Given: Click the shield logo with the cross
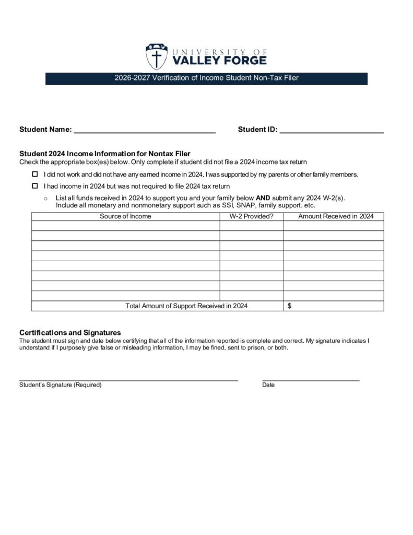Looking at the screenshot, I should coord(156,56).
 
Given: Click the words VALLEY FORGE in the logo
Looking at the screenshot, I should coord(219,61).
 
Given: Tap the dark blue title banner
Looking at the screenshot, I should coord(206,78).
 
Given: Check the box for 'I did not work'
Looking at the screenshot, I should coord(36,174).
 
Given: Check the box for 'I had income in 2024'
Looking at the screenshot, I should coord(36,186).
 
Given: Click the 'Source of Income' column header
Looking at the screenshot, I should coord(125,216).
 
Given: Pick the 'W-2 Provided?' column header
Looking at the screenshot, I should coord(252,216).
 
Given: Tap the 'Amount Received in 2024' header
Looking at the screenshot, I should coord(336,216).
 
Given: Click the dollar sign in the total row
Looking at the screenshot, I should coord(290,306).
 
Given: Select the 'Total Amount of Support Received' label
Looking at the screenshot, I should coord(186,306).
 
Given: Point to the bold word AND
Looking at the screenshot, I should coord(263,198).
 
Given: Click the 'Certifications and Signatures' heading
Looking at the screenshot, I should coord(70,332).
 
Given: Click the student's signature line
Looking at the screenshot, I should coord(128,379).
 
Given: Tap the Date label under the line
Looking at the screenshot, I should coord(268,385).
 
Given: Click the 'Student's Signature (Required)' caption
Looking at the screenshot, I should coord(61,385).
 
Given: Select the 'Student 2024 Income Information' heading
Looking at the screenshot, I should coord(104,154).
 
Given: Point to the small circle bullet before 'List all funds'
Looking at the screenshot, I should coord(46,199).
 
